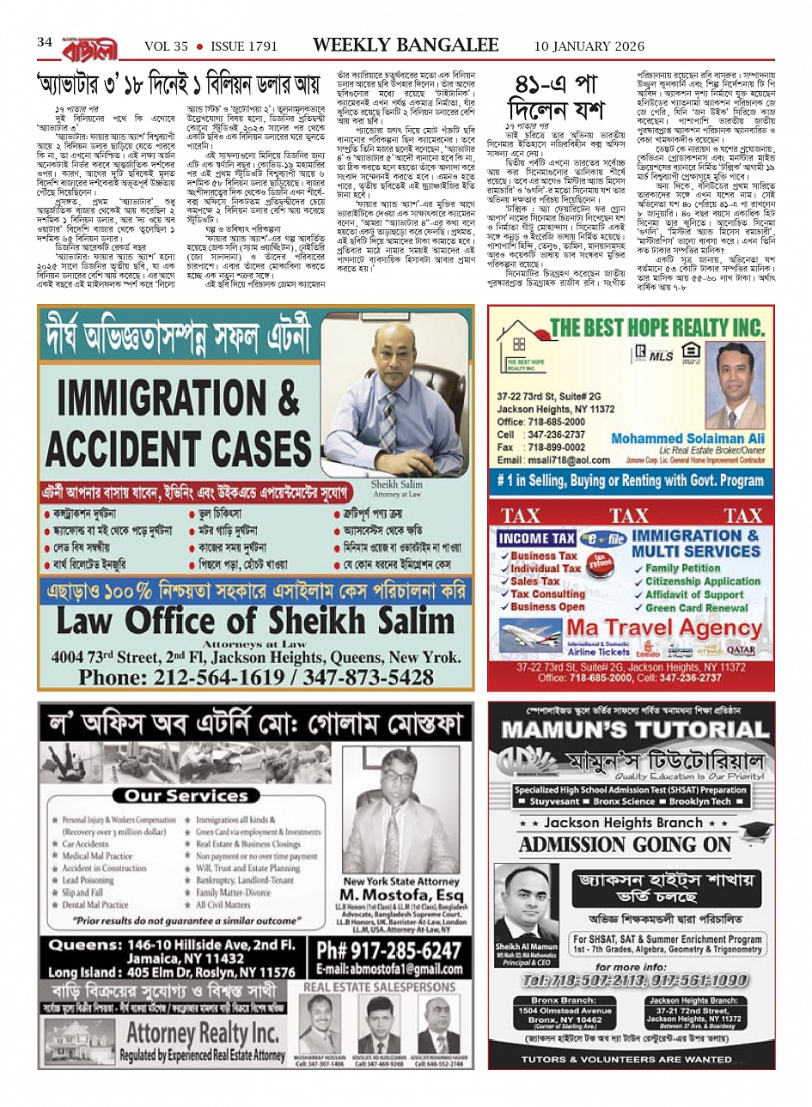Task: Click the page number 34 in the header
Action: click(x=45, y=42)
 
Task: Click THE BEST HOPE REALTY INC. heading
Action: click(x=657, y=326)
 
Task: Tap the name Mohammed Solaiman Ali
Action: click(x=687, y=438)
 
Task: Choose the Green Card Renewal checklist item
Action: click(x=697, y=608)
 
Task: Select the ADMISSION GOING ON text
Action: click(x=625, y=845)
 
